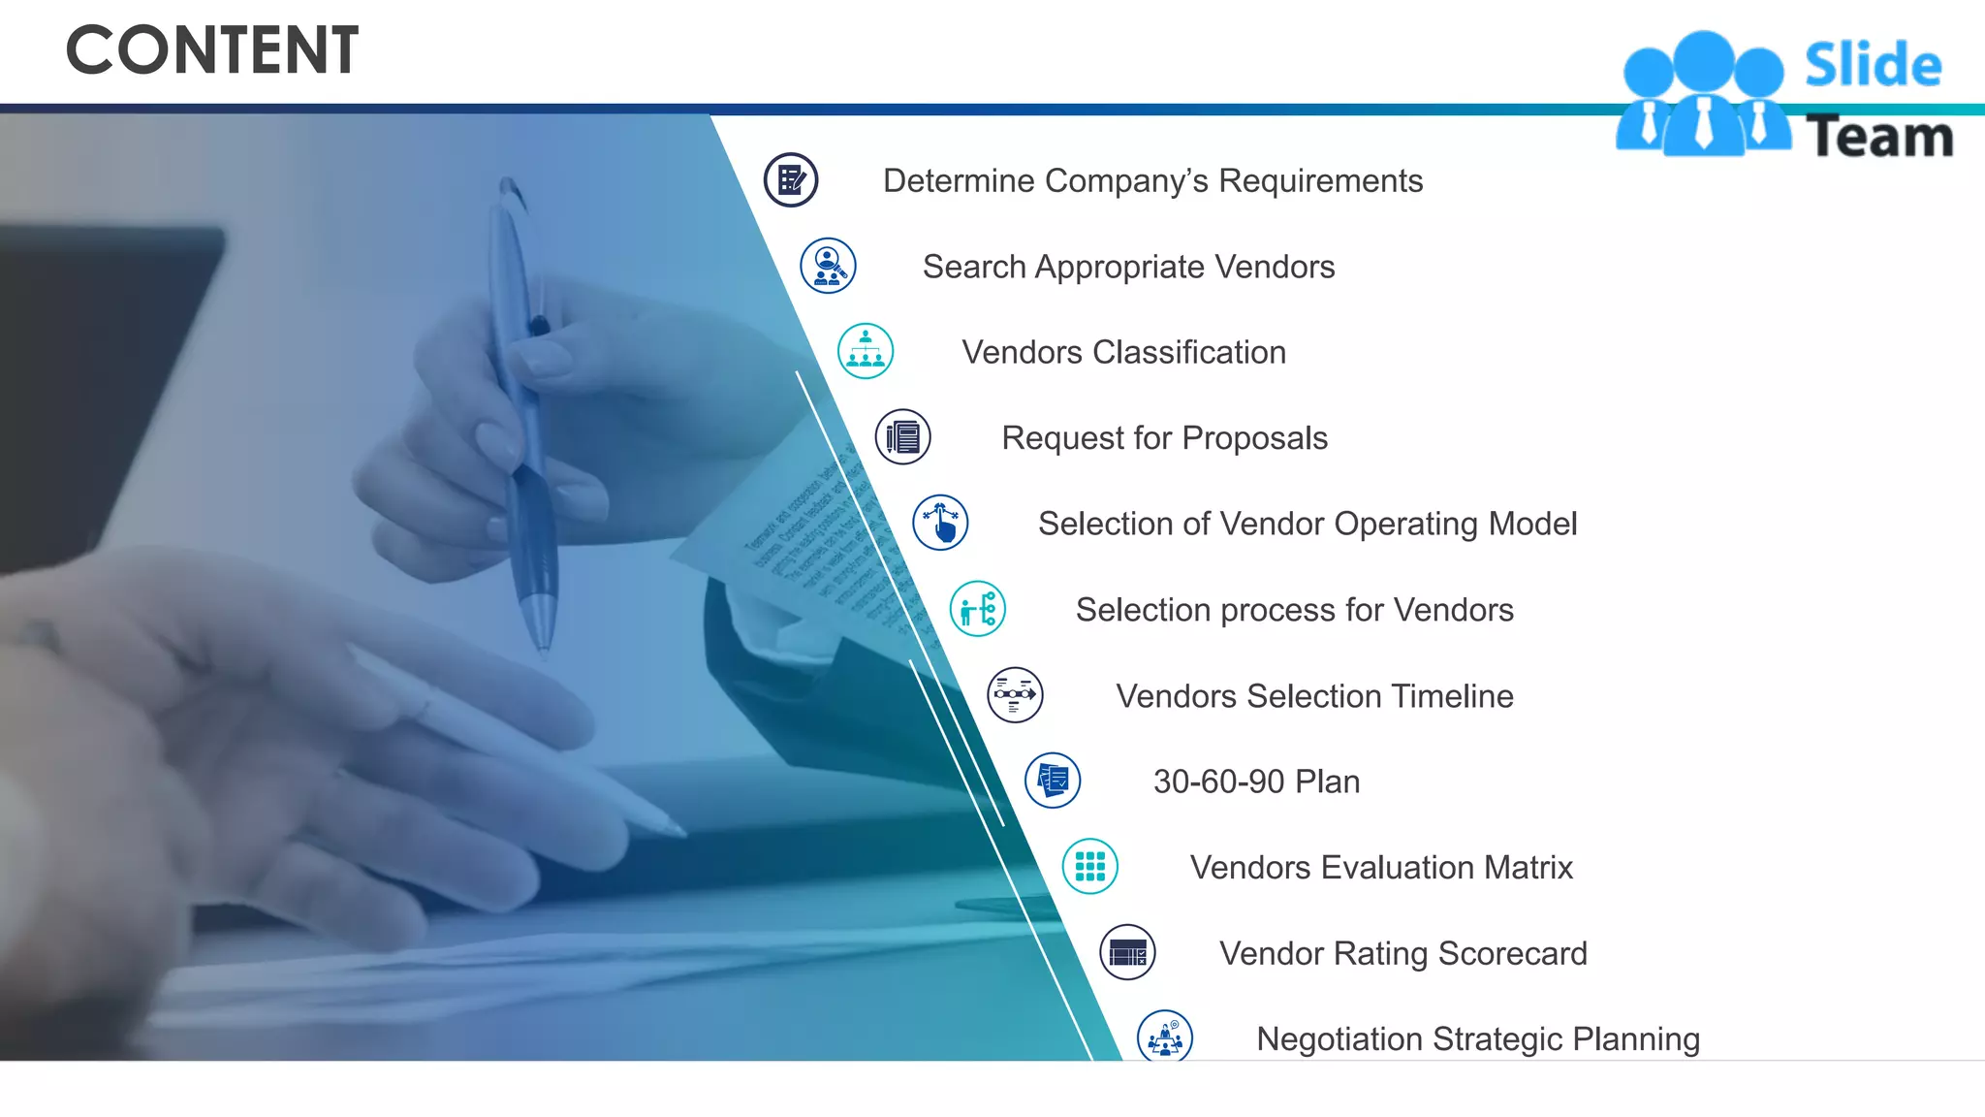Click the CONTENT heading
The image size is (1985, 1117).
click(212, 50)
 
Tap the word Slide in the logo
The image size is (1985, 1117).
click(1873, 66)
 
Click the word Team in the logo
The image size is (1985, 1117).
click(1878, 137)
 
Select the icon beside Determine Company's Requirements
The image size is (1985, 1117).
click(791, 180)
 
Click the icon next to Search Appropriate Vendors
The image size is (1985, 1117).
click(829, 266)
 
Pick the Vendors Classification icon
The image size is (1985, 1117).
click(866, 351)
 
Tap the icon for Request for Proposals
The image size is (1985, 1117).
click(903, 437)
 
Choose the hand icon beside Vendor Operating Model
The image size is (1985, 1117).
click(940, 523)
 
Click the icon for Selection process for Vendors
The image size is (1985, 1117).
click(978, 609)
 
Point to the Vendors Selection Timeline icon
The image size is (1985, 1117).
click(1015, 695)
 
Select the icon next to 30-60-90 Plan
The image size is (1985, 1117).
click(1053, 781)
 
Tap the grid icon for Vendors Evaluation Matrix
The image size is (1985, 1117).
click(1090, 867)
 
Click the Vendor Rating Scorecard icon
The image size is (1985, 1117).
click(1127, 952)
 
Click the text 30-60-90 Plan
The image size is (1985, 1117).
click(1256, 782)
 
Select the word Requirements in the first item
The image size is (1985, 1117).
click(1320, 181)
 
